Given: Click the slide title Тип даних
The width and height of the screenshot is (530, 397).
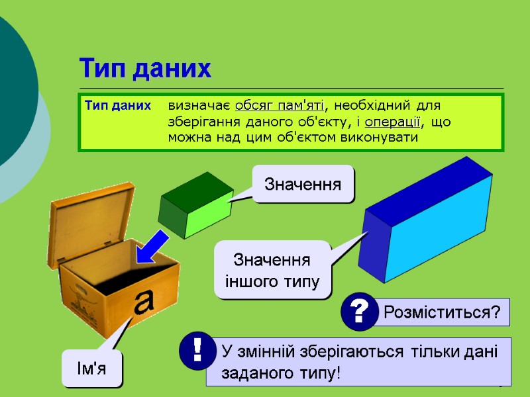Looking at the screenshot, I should [145, 68].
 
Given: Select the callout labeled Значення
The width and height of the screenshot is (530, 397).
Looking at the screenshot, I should [303, 184].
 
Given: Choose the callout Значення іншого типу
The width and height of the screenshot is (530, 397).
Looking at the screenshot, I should [272, 271].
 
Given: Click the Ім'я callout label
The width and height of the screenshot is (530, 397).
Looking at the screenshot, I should [93, 369].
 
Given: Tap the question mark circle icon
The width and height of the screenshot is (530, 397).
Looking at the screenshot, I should [359, 311].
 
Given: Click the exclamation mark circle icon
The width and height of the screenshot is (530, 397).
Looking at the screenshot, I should [197, 351].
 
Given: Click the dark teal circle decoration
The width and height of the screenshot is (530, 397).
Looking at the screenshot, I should [13, 99].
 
